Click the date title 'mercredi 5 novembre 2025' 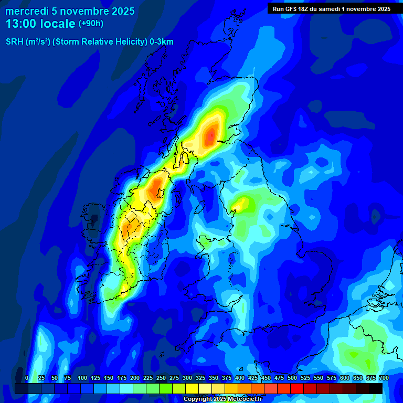[x=70, y=11]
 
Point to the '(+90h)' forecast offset [x=91, y=24]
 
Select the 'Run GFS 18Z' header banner [x=331, y=9]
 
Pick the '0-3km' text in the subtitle [x=161, y=42]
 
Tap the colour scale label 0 [x=27, y=378]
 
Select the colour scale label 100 [x=82, y=378]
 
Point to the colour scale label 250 [x=161, y=378]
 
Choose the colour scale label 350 [x=214, y=378]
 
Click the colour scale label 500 [x=292, y=378]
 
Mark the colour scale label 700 [x=384, y=378]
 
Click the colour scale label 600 [x=345, y=378]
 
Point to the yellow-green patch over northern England [x=242, y=203]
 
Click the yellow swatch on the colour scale [x=192, y=388]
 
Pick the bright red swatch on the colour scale [x=297, y=388]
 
